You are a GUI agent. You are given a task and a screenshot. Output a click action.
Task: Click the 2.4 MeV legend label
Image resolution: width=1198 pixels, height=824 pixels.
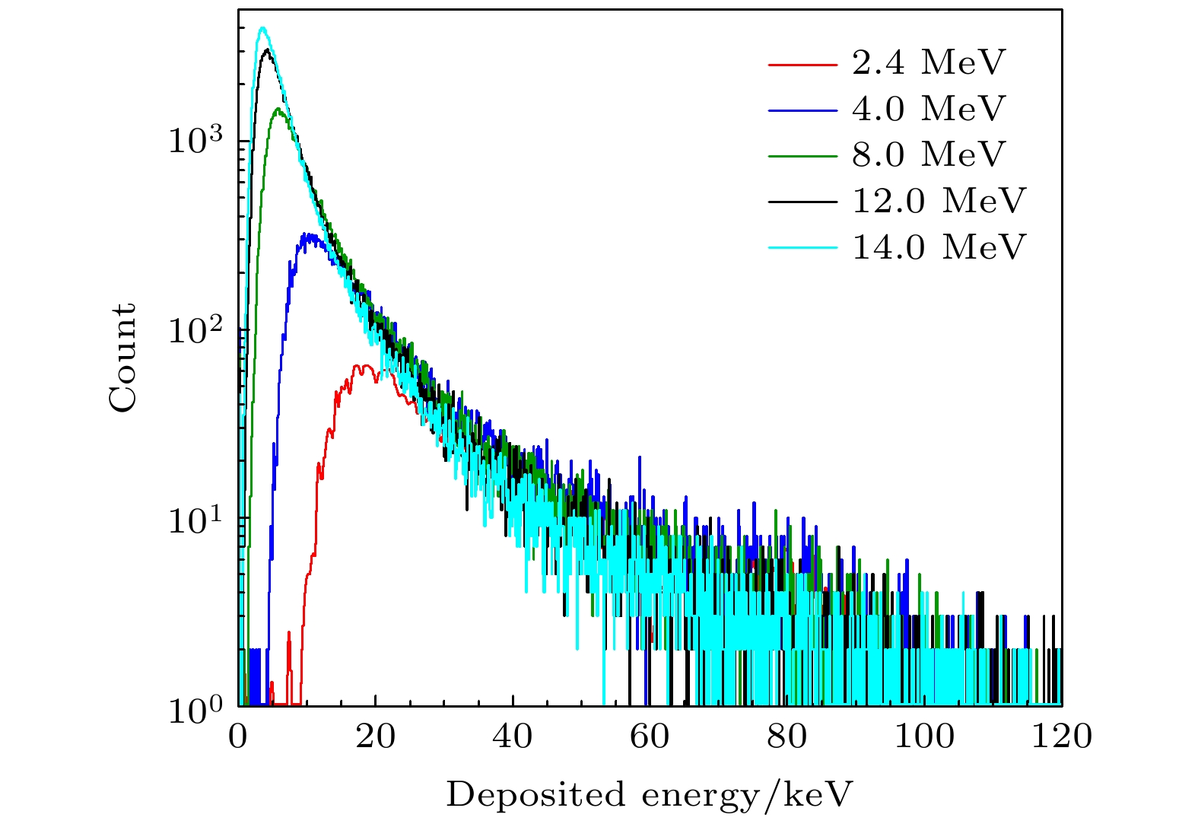[928, 63]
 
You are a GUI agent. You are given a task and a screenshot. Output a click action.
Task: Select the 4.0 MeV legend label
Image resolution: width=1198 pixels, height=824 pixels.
[928, 110]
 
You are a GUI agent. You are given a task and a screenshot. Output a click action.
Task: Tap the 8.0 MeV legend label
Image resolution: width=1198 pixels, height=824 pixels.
[928, 155]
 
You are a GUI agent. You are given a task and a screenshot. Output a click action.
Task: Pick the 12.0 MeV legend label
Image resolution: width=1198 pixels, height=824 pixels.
[939, 202]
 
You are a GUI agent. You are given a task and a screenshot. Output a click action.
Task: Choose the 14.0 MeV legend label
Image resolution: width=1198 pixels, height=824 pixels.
[939, 247]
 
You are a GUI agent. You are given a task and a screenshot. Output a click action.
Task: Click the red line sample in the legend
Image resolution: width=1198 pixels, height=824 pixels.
[802, 64]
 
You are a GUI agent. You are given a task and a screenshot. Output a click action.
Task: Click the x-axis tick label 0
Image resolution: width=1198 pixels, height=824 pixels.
[239, 737]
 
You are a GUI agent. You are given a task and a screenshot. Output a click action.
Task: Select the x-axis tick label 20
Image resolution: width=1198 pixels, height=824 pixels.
[376, 737]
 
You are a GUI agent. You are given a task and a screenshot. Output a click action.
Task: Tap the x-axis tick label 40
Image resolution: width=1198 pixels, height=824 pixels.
[513, 737]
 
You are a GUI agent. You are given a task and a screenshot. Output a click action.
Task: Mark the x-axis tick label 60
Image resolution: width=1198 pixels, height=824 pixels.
[650, 737]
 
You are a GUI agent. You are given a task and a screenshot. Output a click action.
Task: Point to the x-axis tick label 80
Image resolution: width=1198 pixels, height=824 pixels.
[786, 737]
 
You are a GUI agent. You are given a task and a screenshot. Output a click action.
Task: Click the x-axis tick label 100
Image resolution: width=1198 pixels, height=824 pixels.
[923, 737]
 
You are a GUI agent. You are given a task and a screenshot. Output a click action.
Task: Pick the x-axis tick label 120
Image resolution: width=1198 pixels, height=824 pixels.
[1061, 737]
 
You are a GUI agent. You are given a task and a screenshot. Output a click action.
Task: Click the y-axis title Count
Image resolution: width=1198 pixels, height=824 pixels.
[122, 358]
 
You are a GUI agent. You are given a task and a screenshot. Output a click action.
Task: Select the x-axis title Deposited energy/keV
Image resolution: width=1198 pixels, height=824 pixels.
[650, 794]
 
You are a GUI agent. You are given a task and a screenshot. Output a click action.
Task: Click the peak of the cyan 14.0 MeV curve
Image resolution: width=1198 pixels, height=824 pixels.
[262, 28]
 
